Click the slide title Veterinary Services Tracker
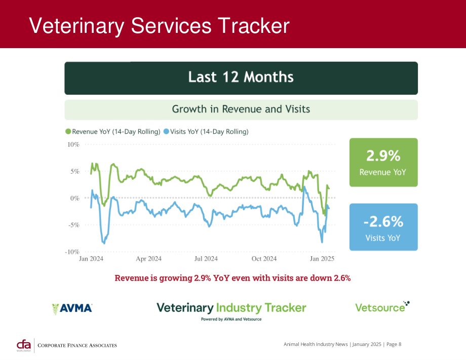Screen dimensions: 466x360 point(159,26)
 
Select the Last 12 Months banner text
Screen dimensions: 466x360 point(241,77)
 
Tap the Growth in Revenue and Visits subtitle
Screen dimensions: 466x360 point(241,109)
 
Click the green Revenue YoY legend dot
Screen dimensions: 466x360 point(68,131)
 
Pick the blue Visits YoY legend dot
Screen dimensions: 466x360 point(166,131)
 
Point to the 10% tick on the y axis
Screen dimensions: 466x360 point(73,145)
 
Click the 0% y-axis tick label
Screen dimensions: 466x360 point(74,198)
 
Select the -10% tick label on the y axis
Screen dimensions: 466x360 point(72,252)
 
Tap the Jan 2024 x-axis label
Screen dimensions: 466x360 point(91,259)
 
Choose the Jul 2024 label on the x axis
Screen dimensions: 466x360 point(206,259)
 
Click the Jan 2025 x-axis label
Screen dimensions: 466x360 point(322,259)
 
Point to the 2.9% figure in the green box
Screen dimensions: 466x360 point(383,155)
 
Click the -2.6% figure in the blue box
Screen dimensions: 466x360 point(383,222)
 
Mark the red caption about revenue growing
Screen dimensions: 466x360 point(232,278)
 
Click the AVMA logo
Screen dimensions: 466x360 point(72,308)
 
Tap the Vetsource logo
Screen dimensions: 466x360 point(382,307)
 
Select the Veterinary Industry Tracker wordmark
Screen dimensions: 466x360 point(231,308)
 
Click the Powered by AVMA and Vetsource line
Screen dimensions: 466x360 point(231,319)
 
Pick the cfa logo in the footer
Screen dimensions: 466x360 point(24,345)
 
